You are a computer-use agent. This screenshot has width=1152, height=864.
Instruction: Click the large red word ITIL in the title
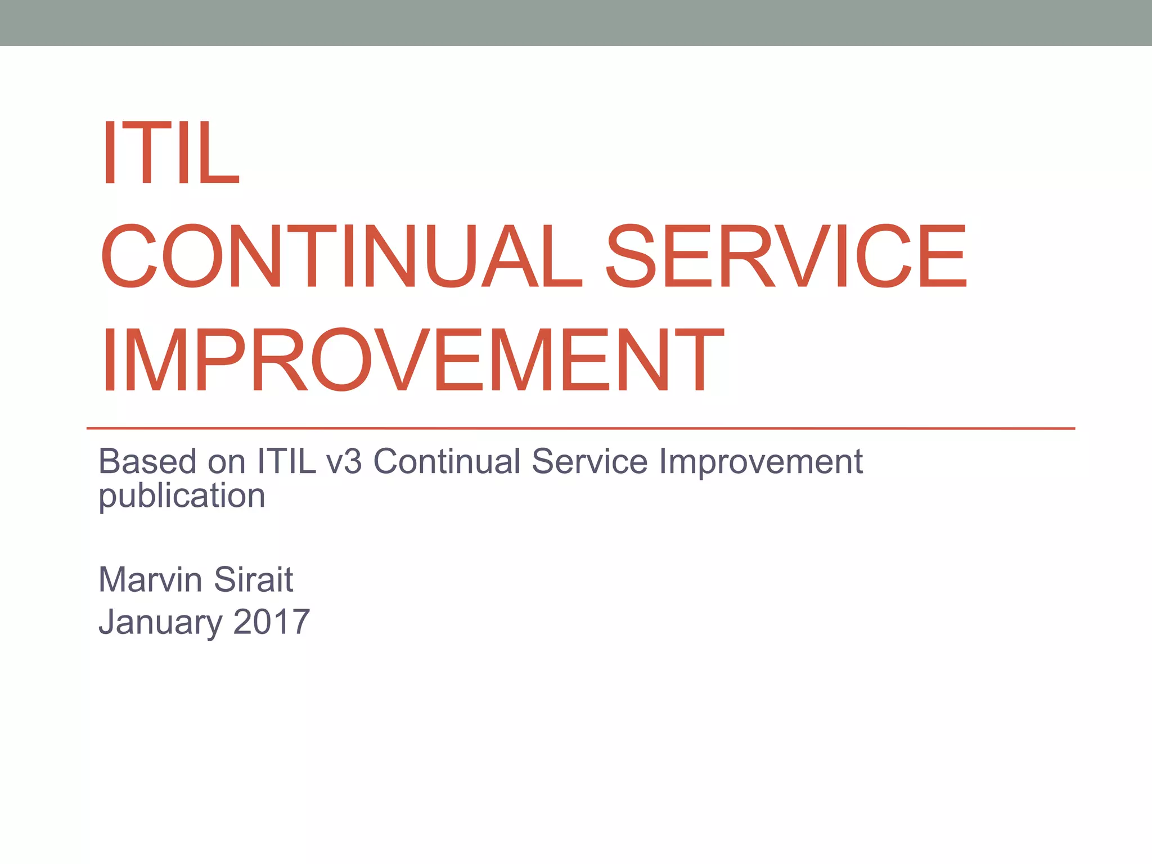coord(170,153)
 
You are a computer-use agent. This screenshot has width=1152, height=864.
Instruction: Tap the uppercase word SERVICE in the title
coord(787,256)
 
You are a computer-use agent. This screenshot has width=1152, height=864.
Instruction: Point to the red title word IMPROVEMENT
coord(412,360)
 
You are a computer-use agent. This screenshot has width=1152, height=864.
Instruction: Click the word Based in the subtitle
coord(148,462)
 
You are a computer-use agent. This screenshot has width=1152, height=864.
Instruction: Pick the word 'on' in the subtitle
coord(227,463)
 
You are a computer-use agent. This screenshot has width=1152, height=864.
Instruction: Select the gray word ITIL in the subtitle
coord(286,462)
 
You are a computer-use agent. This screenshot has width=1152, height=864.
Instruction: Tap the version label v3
coord(344,463)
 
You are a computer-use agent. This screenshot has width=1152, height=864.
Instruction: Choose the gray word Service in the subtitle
coord(589,462)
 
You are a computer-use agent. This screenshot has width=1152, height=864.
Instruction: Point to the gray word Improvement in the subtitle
coord(760,463)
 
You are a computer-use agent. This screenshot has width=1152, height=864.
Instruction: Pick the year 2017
coord(271,622)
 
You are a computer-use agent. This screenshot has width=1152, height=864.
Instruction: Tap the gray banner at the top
coord(576,22)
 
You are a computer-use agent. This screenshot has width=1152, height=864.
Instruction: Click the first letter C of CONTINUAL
coord(128,256)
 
